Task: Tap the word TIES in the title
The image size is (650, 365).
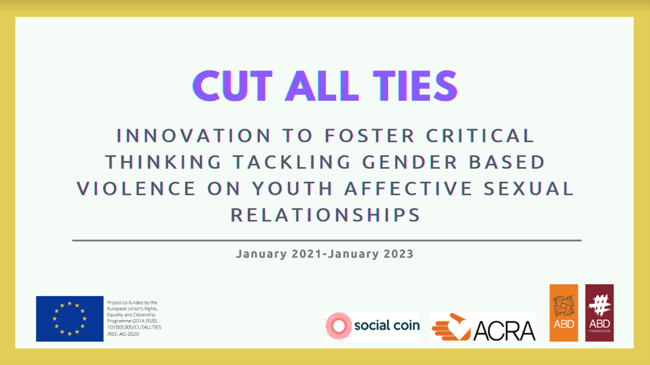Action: tap(415, 86)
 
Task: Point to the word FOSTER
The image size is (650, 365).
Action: tap(370, 136)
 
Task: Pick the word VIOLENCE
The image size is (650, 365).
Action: tap(137, 188)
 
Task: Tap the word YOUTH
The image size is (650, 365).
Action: tap(293, 188)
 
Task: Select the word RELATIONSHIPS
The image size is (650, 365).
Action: tap(325, 215)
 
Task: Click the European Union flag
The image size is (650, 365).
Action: tap(69, 318)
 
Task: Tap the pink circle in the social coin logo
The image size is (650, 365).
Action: tap(339, 326)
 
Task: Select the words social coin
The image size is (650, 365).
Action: tap(387, 325)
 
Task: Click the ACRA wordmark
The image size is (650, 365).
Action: tap(504, 331)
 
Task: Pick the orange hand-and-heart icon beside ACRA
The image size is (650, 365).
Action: tap(451, 327)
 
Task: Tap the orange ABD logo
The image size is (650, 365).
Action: tap(564, 313)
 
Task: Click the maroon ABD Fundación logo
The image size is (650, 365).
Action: tap(600, 313)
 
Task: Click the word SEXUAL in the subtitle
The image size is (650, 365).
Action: tap(529, 188)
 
